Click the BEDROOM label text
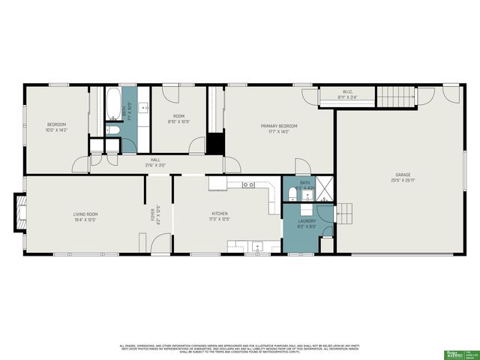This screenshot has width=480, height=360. tap(57, 124)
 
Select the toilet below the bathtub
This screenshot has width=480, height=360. tap(112, 129)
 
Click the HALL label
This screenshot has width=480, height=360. tap(155, 160)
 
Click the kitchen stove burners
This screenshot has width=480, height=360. tap(248, 184)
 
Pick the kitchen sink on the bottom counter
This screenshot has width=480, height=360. tap(257, 244)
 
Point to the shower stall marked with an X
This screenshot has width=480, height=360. tap(325, 189)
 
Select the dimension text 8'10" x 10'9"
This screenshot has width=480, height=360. tap(178, 122)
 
